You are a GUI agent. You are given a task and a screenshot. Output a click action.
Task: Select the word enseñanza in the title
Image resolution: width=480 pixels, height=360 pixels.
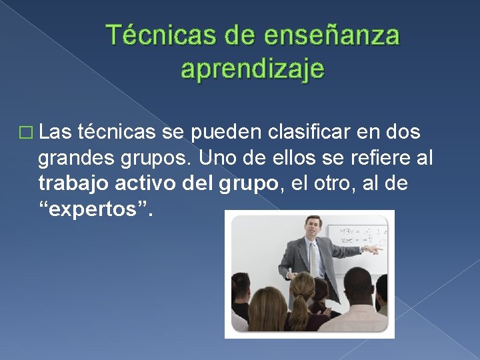[x=332, y=35]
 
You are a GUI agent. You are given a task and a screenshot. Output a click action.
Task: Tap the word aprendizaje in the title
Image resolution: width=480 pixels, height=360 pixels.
[x=253, y=67]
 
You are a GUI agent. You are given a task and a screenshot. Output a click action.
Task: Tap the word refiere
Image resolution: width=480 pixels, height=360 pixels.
[x=374, y=159]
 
